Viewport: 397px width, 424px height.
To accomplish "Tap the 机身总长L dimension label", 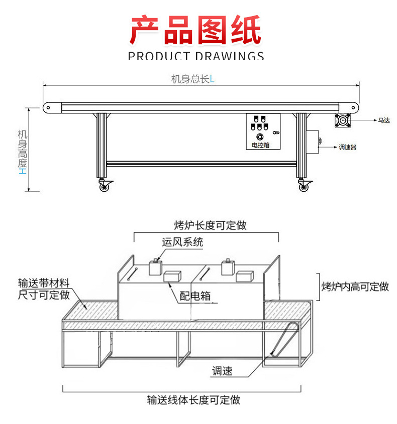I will [x=192, y=79].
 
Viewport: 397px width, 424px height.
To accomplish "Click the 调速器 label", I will [x=347, y=148].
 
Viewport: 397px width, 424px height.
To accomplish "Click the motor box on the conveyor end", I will [x=344, y=120].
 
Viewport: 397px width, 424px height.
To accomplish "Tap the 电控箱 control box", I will [x=263, y=131].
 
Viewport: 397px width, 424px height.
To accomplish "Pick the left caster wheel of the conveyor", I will [x=105, y=187].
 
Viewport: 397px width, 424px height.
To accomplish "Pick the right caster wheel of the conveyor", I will [x=304, y=187].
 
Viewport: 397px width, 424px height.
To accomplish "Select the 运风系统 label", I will [x=182, y=242].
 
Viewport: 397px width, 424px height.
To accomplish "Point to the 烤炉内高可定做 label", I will [x=355, y=287].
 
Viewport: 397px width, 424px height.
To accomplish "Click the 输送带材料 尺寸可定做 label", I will [x=44, y=289].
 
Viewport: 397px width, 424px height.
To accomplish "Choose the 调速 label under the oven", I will [x=222, y=371].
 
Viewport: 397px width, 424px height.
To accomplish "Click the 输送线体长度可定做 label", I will [x=193, y=400].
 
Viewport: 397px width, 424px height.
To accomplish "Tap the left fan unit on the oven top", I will [x=156, y=267].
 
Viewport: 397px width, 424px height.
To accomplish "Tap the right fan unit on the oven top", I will [x=228, y=266].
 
